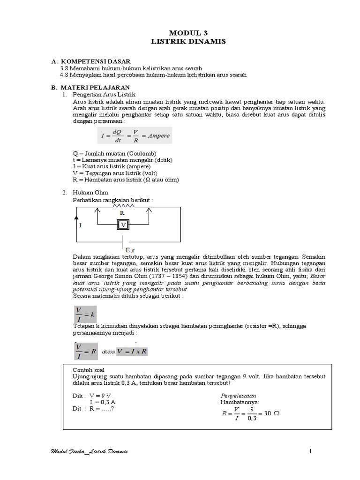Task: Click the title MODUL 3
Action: coord(187,33)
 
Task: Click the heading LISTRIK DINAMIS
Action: coord(187,42)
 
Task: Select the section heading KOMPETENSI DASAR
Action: coord(96,61)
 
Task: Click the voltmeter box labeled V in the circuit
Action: coord(123,225)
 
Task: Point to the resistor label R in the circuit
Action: coord(122,213)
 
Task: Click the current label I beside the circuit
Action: coord(80,225)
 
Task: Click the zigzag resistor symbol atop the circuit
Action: coord(122,205)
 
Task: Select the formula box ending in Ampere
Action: coord(135,135)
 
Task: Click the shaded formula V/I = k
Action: coord(85,313)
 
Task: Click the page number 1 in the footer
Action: coord(310,451)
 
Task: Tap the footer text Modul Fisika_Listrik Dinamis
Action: coord(89,451)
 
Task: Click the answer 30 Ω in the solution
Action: coord(271,414)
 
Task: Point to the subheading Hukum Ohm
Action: coord(90,193)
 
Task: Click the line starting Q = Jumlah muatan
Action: coord(115,154)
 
